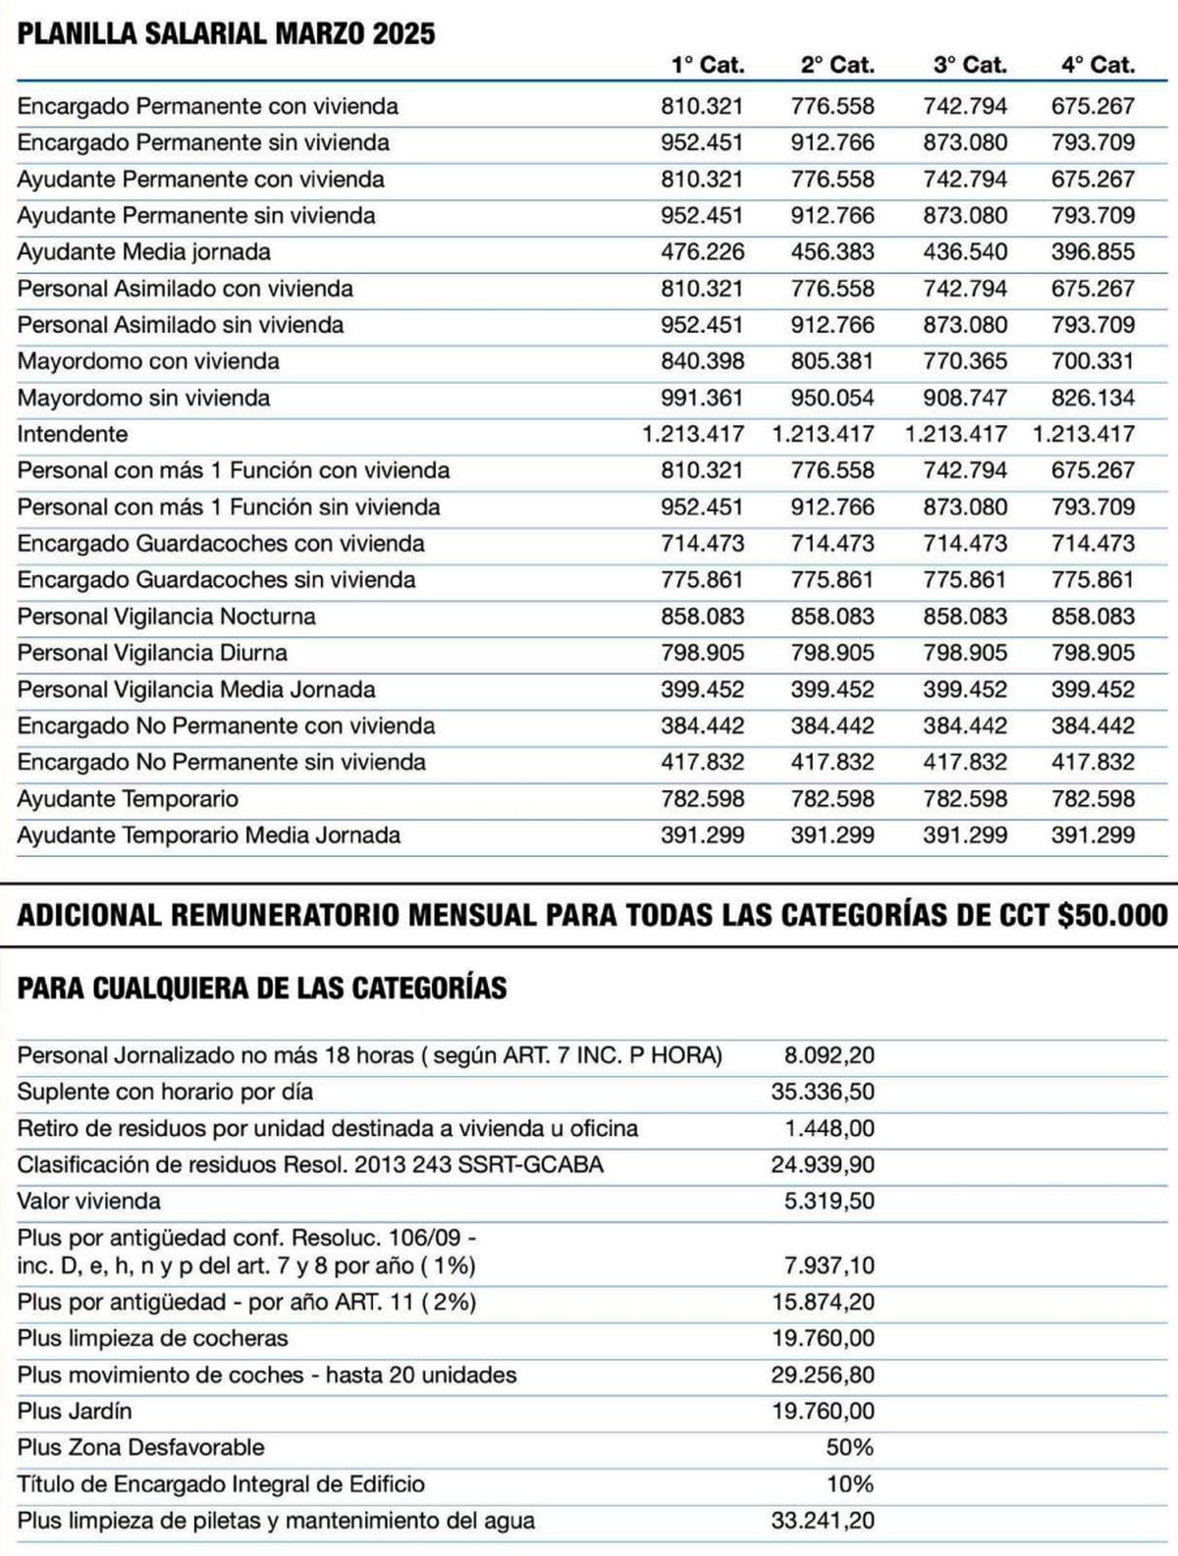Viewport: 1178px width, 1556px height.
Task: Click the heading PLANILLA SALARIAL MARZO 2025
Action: [227, 34]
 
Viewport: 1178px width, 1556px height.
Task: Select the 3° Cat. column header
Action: [970, 66]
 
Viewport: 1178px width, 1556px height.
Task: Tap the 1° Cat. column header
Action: [708, 66]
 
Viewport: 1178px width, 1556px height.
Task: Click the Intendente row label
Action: [73, 434]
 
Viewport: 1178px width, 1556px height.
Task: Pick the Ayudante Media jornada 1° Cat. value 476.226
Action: [702, 252]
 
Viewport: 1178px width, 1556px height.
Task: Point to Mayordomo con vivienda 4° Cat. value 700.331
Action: [1093, 361]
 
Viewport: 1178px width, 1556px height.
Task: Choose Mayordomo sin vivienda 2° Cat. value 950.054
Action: [832, 398]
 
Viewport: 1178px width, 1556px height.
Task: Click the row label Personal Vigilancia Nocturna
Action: [167, 617]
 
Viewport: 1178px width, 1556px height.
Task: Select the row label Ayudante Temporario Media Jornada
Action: [209, 835]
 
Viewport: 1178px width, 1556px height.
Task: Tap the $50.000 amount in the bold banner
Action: [1112, 916]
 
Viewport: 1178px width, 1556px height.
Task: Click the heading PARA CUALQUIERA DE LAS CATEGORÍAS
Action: [262, 988]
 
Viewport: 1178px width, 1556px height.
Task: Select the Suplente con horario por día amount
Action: [823, 1093]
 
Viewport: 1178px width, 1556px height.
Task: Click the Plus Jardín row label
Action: [75, 1412]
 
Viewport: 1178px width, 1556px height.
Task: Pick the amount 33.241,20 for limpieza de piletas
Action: [823, 1522]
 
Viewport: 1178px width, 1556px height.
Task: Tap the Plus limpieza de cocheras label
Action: [153, 1338]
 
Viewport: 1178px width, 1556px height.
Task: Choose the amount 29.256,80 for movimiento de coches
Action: [823, 1375]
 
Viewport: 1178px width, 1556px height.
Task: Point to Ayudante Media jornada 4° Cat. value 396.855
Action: [1093, 252]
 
